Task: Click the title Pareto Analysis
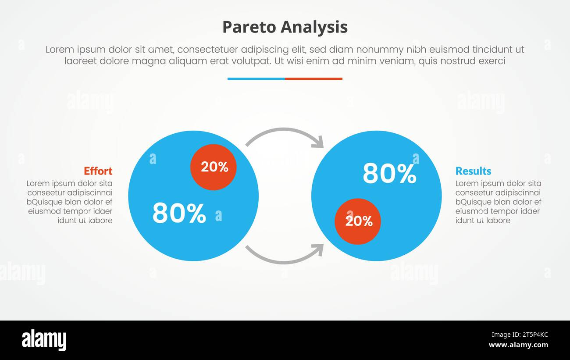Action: click(x=285, y=27)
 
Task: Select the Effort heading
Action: click(x=98, y=171)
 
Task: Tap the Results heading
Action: click(x=473, y=171)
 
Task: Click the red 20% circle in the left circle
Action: click(x=214, y=167)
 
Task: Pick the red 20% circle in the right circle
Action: click(x=358, y=221)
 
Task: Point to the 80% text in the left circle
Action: click(x=179, y=214)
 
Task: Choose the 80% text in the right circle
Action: click(x=389, y=174)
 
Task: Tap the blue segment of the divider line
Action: click(x=256, y=79)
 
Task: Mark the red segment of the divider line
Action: click(x=313, y=79)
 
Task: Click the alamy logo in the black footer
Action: click(x=44, y=340)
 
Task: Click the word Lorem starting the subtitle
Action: click(x=59, y=50)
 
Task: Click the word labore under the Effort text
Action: click(x=100, y=221)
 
